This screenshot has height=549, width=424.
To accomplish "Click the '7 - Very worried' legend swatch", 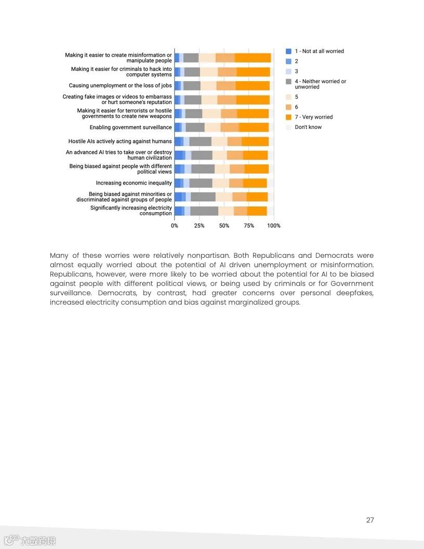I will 288,117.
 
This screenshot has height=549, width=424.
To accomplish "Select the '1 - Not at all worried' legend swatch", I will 288,51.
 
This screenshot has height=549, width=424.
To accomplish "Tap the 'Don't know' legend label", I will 308,127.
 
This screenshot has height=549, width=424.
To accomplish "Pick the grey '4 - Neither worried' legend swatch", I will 288,82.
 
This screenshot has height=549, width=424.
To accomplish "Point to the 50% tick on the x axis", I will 224,226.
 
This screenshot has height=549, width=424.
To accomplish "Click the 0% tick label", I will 175,226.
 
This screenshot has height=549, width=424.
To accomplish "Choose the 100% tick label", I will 273,226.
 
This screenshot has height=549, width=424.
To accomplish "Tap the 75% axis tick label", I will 249,226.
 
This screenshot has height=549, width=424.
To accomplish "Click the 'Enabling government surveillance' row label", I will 130,127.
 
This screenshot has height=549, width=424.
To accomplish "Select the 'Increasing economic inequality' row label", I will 134,183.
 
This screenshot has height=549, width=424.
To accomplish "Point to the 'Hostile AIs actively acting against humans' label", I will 120,141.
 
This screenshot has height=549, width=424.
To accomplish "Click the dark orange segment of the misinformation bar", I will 253,58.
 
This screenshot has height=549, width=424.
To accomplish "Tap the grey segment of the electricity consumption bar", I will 204,211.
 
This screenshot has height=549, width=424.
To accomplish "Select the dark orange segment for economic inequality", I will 255,183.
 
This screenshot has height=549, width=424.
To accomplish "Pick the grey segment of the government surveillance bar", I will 195,127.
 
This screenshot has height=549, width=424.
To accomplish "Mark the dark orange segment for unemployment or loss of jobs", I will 253,86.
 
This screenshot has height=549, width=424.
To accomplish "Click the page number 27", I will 370,520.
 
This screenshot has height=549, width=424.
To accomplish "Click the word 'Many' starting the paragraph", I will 60,256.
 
